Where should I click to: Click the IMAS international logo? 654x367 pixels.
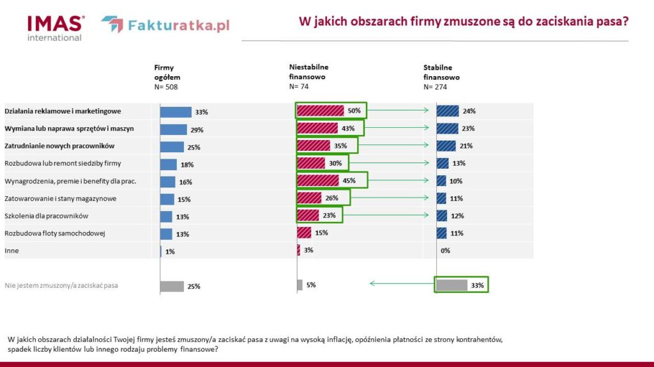(56, 27)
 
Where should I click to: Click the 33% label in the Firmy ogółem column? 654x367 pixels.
(202, 112)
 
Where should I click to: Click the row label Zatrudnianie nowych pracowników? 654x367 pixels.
(59, 146)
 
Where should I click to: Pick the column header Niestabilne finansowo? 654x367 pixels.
(308, 71)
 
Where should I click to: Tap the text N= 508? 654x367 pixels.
(166, 87)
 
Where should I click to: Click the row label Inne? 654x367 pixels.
(11, 251)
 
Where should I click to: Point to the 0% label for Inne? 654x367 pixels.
(445, 251)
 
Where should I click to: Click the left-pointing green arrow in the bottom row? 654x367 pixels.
(399, 283)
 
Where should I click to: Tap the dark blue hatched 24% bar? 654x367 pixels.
(448, 111)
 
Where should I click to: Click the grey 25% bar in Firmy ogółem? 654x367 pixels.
(172, 286)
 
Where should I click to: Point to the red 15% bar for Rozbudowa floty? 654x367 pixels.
(305, 233)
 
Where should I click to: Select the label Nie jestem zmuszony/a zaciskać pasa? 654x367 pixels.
(61, 286)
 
